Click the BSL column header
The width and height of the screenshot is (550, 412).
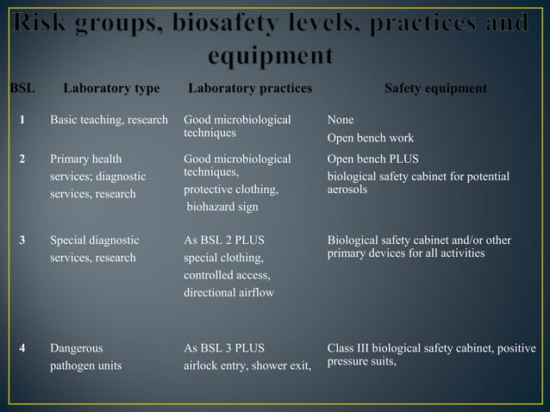coord(22,88)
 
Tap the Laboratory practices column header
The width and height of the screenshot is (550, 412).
coord(250,88)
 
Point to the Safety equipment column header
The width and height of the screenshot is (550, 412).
coord(435,88)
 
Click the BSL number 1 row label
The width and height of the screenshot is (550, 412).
coord(23,120)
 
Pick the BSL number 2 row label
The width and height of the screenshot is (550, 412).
coord(23,159)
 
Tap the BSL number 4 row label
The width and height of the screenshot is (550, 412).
coord(23,348)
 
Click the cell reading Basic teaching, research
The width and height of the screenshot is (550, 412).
coord(109,120)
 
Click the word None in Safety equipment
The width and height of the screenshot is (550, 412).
coord(342,120)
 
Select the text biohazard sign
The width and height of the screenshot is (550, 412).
coord(222,207)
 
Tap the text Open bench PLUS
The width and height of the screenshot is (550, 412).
coord(374,159)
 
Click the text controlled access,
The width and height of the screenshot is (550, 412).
coord(228,275)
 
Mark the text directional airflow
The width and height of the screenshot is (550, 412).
coord(228,293)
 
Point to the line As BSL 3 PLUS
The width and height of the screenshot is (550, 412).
coord(225,348)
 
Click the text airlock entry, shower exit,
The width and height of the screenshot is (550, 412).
coord(247,366)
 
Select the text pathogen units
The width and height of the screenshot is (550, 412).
coord(85,365)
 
